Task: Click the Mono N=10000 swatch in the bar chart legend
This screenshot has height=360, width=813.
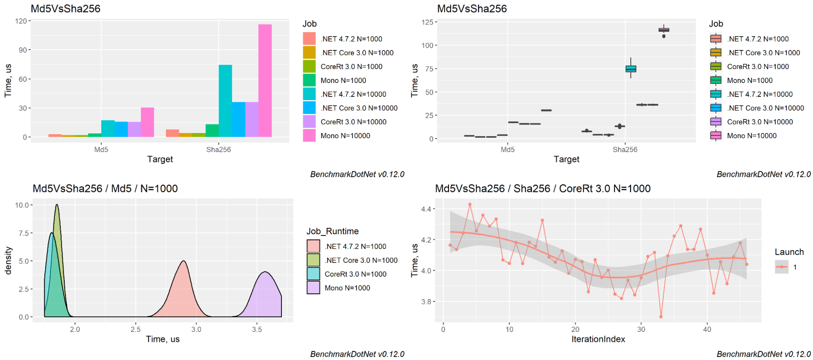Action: click(x=309, y=135)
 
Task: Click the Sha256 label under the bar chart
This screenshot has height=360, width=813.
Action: click(x=218, y=149)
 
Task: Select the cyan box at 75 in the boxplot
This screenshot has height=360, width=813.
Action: click(x=631, y=69)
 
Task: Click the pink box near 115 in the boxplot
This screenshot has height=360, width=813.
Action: click(x=664, y=30)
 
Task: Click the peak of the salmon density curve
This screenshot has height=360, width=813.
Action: click(x=184, y=261)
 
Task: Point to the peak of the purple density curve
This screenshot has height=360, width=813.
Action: click(x=265, y=272)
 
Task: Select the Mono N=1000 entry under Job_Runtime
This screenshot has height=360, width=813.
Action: click(x=347, y=288)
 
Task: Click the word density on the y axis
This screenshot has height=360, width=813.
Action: click(x=9, y=260)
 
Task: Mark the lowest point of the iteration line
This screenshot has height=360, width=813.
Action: click(x=661, y=316)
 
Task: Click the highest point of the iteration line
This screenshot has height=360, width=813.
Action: click(x=470, y=204)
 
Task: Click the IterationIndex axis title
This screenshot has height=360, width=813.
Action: click(x=598, y=339)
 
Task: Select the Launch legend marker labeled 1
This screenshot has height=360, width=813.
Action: click(x=782, y=267)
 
